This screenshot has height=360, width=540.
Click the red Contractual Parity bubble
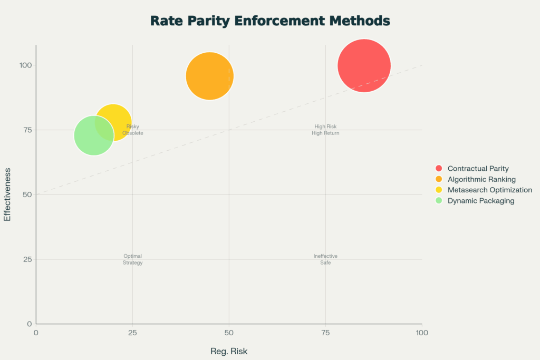coord(364,66)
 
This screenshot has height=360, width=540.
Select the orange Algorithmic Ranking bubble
coord(210,76)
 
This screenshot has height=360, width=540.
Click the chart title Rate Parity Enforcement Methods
coord(270,21)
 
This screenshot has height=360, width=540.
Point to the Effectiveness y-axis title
coord(7,194)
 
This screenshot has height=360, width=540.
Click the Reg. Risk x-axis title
coord(229,351)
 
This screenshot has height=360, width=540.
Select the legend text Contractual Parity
coord(478,169)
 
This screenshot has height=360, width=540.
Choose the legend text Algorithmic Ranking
coord(481,179)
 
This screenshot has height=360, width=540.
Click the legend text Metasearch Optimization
coord(489,190)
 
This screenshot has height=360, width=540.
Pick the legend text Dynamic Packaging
coord(480,200)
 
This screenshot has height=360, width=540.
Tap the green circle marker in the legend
coord(439,200)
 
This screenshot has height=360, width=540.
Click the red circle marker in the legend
coord(439,169)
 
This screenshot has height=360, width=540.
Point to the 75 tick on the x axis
coord(325,333)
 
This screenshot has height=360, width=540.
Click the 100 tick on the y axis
coord(26,65)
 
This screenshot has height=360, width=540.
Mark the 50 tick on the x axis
coord(229,333)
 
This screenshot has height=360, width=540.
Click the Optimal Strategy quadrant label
coord(132,259)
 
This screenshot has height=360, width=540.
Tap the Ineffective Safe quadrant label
coord(325,259)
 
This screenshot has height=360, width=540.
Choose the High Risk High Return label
coord(325,130)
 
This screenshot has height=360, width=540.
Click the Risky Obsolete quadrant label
coord(132,130)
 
